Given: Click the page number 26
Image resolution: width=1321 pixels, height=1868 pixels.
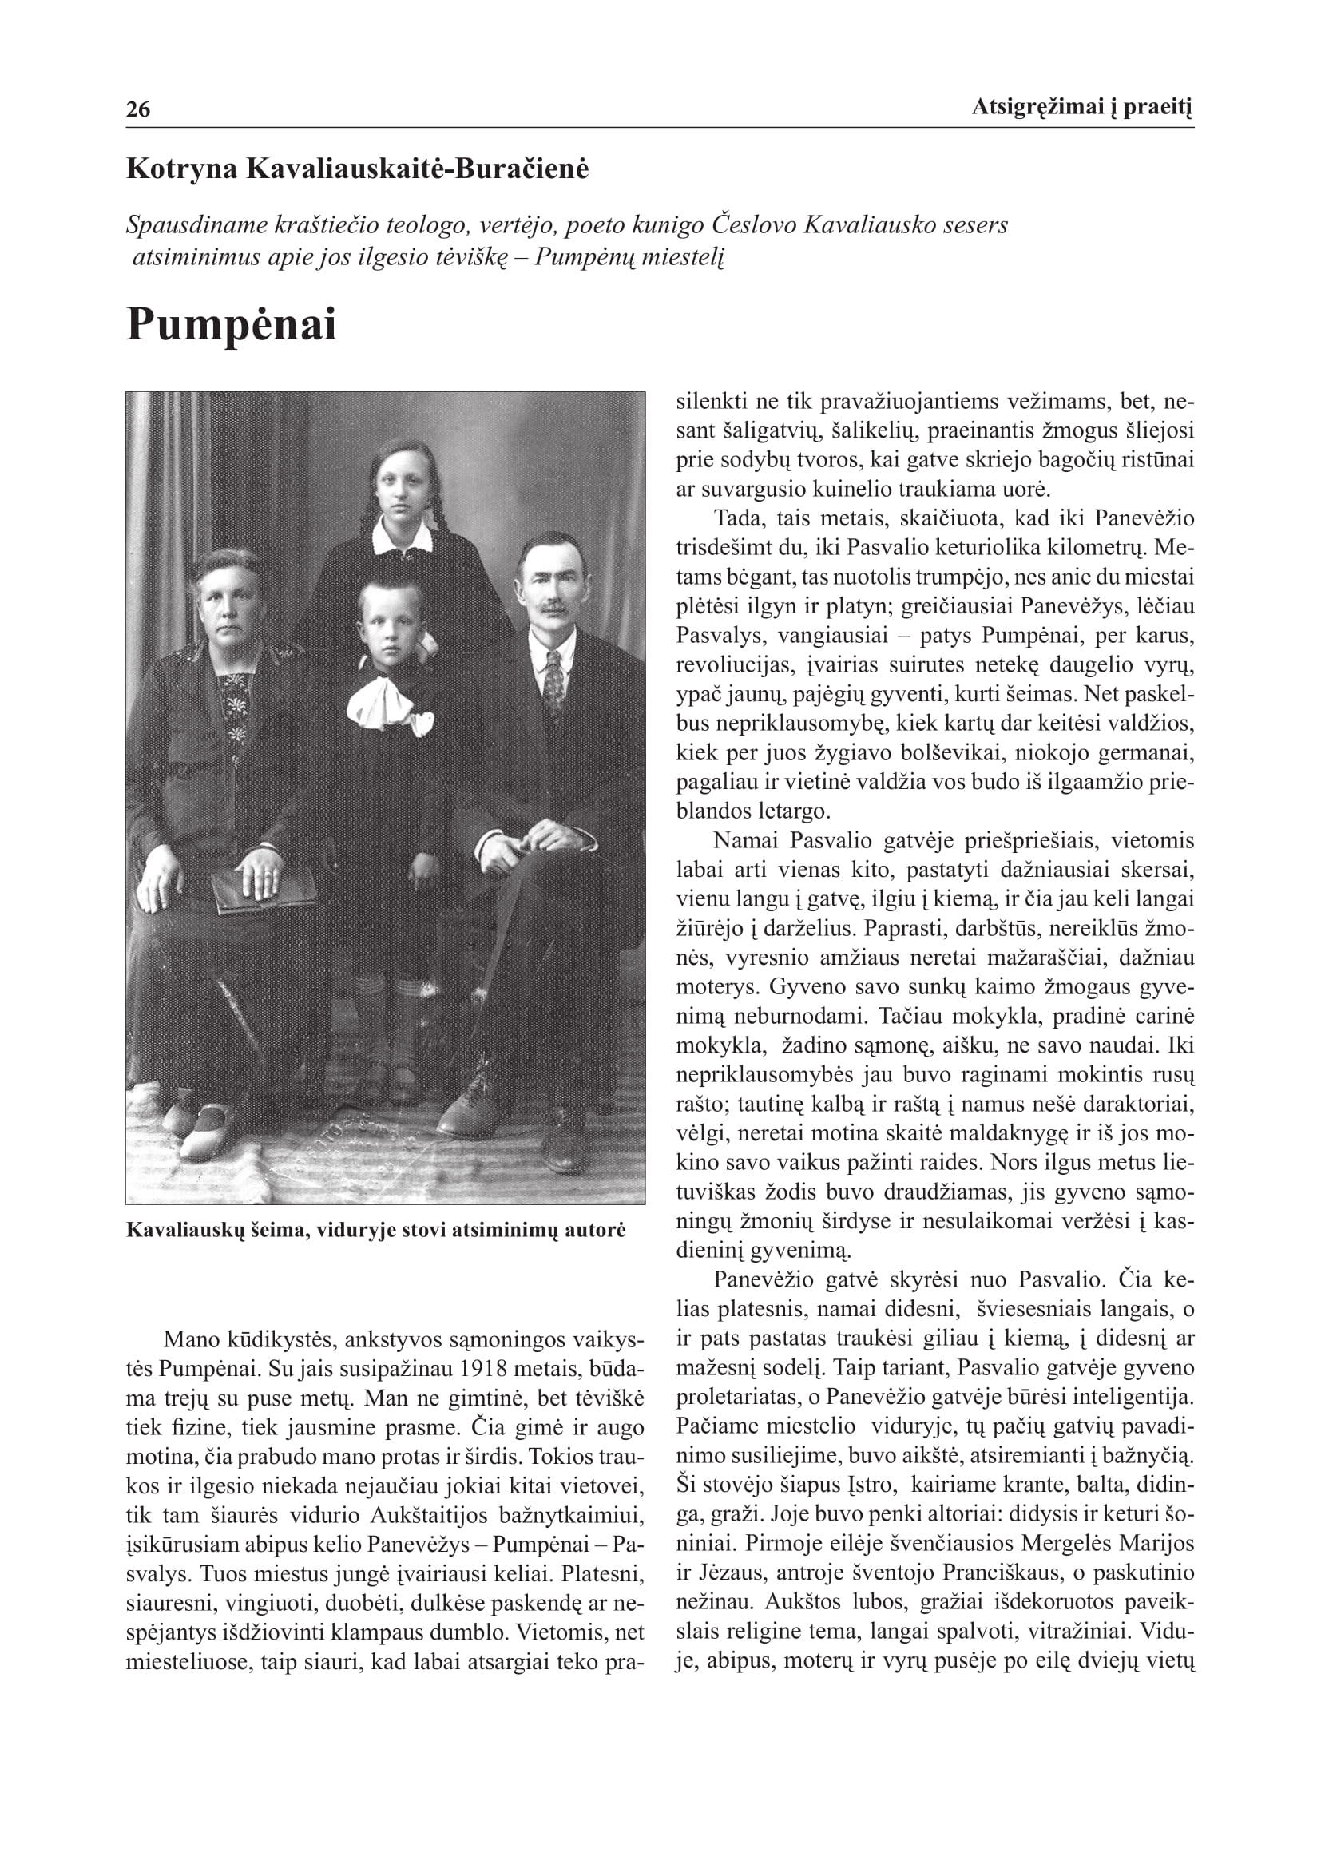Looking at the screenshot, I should click(138, 109).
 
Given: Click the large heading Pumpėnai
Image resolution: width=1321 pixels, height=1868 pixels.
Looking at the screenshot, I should click(231, 325).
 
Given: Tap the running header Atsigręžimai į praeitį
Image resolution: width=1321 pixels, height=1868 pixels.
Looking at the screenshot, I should click(1081, 106).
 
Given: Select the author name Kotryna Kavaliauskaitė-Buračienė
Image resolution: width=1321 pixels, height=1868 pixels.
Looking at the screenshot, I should click(357, 169).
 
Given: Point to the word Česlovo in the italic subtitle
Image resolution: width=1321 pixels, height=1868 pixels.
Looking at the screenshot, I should click(754, 224).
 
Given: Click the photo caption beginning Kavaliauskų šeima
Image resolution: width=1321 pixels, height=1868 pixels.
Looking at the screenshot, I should click(376, 1229).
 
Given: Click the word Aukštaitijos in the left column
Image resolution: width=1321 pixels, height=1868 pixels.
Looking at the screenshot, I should click(429, 1515).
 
